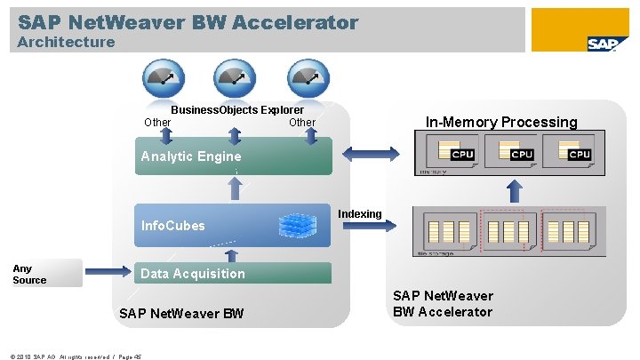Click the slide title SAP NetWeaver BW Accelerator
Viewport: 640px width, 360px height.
(188, 22)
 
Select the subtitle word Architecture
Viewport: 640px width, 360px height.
(66, 42)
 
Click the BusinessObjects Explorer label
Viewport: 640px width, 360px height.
(236, 109)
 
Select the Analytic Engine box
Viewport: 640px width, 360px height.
(232, 156)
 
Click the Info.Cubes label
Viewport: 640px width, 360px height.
(172, 226)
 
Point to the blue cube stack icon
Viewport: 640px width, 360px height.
(297, 226)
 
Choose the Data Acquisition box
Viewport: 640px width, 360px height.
(232, 274)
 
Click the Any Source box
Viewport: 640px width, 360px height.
(45, 274)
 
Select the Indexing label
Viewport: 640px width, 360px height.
(359, 214)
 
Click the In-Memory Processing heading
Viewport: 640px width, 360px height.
(500, 123)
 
